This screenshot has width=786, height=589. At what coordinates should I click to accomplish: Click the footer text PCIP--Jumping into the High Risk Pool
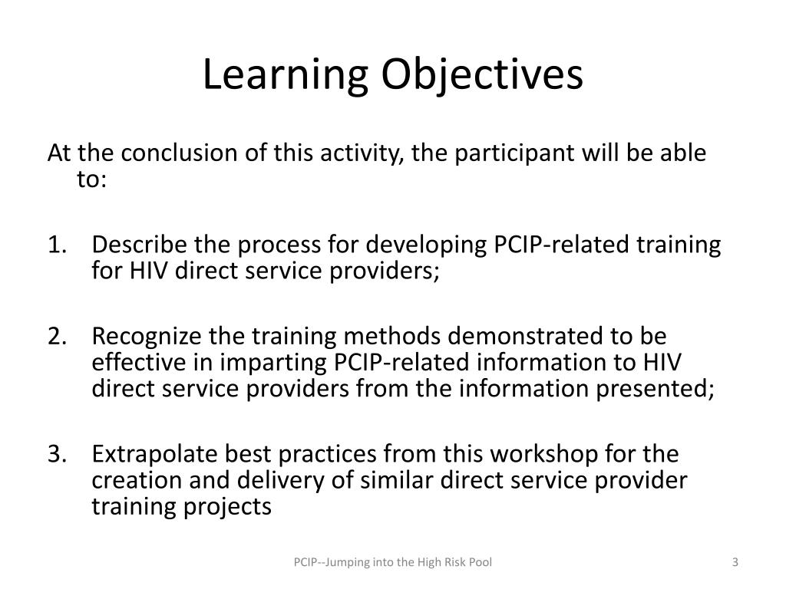[393, 563]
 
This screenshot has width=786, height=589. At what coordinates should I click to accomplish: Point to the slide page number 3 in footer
[735, 563]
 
